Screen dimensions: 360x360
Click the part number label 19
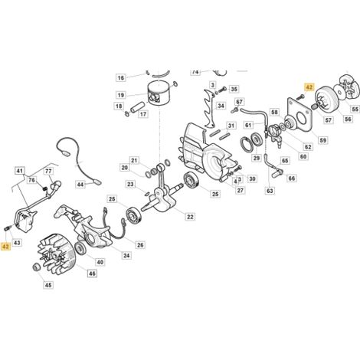[x=121, y=95]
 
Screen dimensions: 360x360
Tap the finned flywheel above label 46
[x=57, y=254]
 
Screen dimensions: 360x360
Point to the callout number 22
[x=190, y=217]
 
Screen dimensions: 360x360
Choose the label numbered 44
[x=80, y=184]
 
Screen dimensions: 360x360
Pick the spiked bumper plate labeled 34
[x=210, y=109]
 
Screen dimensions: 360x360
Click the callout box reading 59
[x=323, y=140]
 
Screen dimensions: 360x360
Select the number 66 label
[x=292, y=178]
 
